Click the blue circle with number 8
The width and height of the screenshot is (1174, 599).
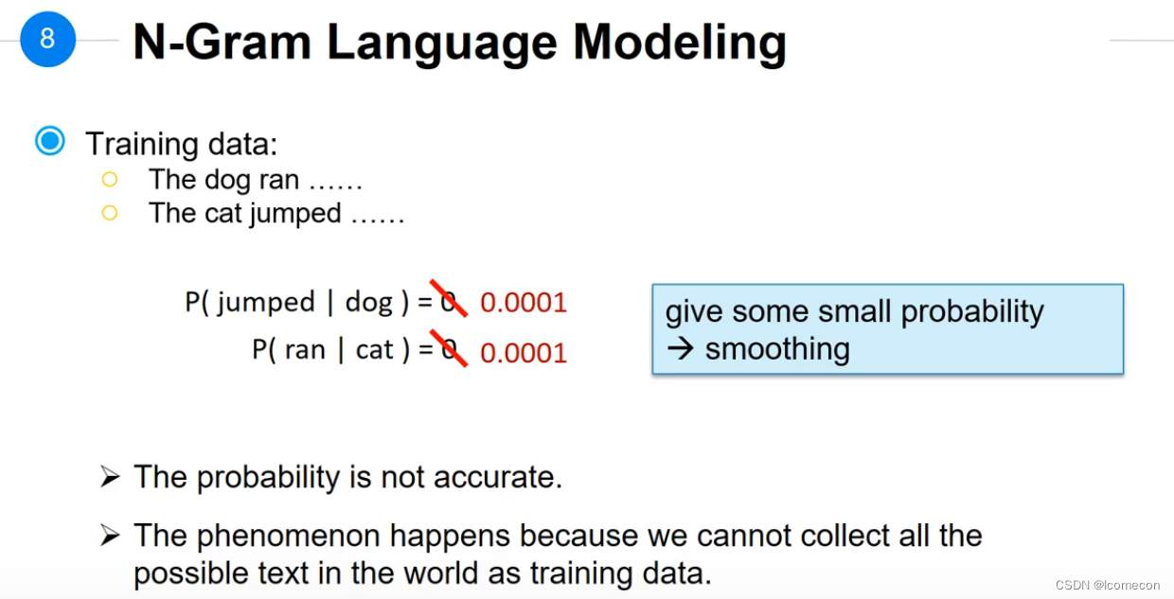tap(47, 40)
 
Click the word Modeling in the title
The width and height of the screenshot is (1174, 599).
tap(680, 44)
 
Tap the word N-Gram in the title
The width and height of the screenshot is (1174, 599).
tap(222, 42)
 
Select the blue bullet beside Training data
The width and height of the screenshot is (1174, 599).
tap(50, 141)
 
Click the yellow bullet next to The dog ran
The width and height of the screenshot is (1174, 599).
tap(110, 180)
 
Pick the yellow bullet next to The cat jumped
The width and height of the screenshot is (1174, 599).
tap(110, 213)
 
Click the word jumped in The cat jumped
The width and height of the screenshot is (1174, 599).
tap(295, 215)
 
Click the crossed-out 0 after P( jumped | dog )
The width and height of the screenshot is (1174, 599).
tap(448, 301)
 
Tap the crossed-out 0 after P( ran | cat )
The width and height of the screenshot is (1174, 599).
tap(449, 349)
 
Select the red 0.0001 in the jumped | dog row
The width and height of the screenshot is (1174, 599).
tap(524, 303)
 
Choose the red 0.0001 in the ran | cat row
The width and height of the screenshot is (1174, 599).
tap(524, 352)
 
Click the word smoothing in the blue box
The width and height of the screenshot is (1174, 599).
tap(777, 350)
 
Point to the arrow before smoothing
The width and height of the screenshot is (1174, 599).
tap(681, 349)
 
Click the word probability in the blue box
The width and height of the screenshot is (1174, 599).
tap(972, 313)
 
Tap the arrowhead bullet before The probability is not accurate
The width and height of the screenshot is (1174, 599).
tap(110, 477)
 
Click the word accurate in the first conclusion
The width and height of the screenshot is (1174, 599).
tap(498, 478)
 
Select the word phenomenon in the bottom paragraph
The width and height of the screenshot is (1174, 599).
tap(290, 537)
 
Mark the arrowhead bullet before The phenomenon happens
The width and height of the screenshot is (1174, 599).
tap(110, 536)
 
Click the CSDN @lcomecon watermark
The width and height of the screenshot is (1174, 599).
tap(1108, 585)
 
